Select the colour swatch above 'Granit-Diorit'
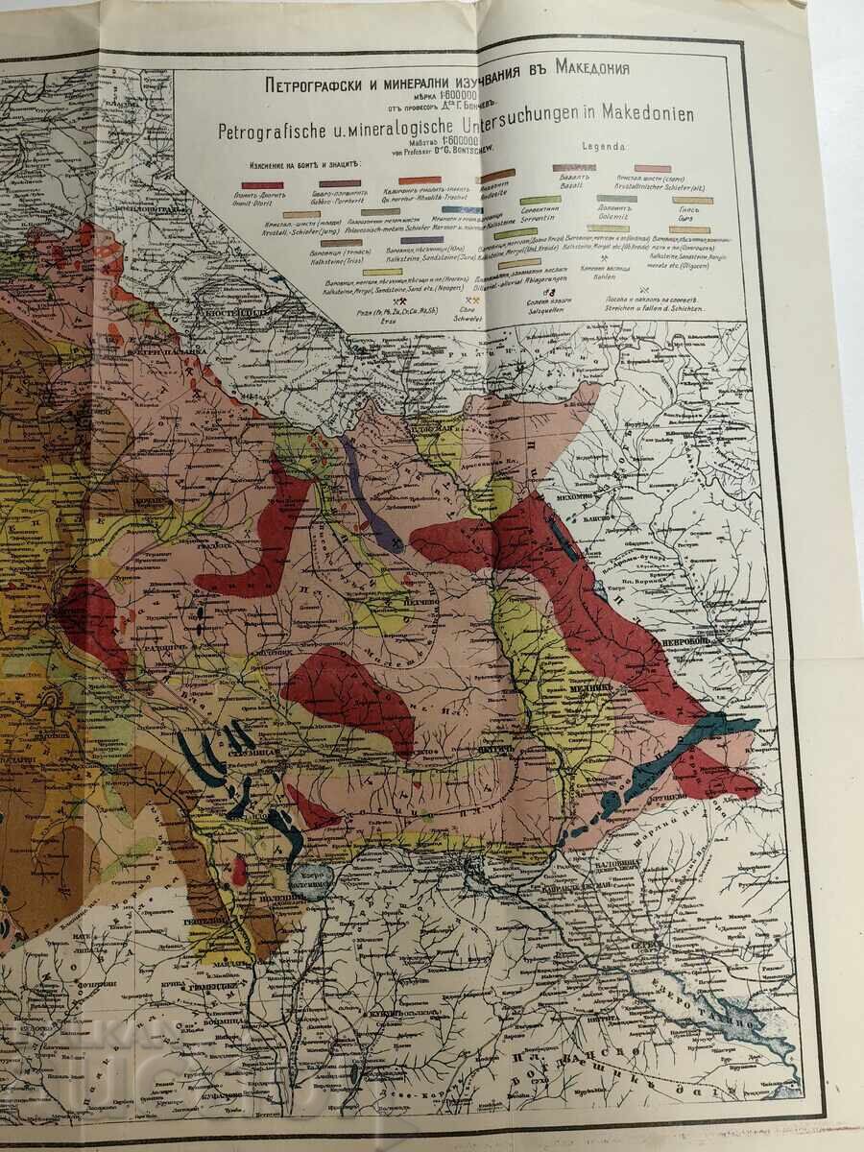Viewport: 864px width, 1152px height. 261,183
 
